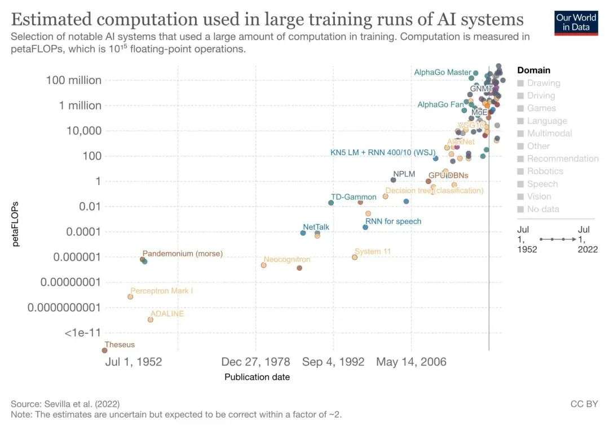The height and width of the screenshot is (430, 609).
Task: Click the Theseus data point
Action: click(x=104, y=350)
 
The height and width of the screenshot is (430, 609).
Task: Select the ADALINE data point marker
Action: click(x=151, y=319)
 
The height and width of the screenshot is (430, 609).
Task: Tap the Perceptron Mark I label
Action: click(x=161, y=291)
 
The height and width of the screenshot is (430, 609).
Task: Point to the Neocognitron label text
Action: click(x=286, y=260)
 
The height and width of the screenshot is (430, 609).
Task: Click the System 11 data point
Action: click(x=355, y=257)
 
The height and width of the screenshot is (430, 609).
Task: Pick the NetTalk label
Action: click(x=316, y=227)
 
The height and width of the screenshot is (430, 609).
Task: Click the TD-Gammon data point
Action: click(x=331, y=203)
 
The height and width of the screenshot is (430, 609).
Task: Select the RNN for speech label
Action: click(x=393, y=221)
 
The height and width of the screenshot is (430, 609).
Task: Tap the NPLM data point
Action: click(x=393, y=180)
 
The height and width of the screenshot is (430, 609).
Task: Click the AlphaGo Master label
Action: click(x=442, y=72)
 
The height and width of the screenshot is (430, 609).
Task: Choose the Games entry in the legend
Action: click(x=541, y=108)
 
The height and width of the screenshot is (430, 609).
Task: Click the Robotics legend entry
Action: click(x=545, y=171)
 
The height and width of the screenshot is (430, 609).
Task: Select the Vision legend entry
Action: click(x=540, y=196)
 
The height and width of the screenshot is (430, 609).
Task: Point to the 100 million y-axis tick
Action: click(x=74, y=80)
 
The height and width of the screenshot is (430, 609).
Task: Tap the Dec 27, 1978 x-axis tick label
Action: click(x=255, y=362)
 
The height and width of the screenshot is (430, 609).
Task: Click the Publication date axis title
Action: click(x=257, y=377)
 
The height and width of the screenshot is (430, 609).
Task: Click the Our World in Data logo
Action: click(x=576, y=22)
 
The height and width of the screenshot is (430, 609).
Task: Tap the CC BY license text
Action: click(x=584, y=404)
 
